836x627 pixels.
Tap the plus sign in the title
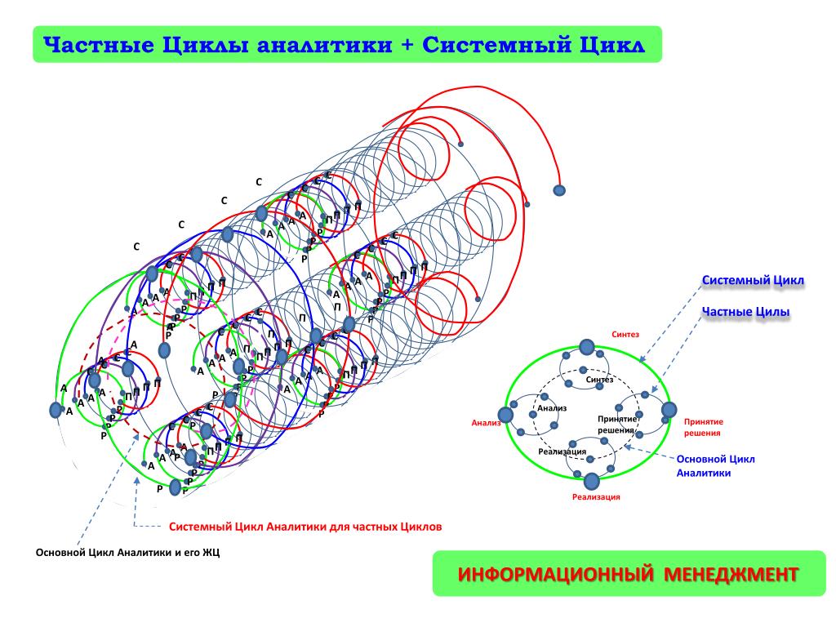click(x=407, y=45)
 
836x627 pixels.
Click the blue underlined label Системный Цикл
click(x=753, y=281)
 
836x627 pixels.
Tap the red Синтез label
click(x=626, y=334)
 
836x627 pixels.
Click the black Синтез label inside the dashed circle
click(x=599, y=380)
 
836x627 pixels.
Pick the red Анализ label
click(x=485, y=423)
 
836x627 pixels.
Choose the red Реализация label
click(x=596, y=496)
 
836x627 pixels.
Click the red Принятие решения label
click(x=703, y=427)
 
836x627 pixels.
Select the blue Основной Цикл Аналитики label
click(x=715, y=465)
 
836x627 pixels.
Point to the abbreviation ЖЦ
click(x=211, y=553)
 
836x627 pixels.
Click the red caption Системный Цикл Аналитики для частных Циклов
click(x=305, y=527)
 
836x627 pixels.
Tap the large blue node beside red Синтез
click(x=586, y=347)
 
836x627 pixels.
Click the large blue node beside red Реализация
click(x=591, y=479)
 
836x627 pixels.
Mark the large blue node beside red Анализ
click(x=505, y=414)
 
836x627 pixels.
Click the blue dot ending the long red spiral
click(x=559, y=190)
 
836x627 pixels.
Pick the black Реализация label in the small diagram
click(x=563, y=451)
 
